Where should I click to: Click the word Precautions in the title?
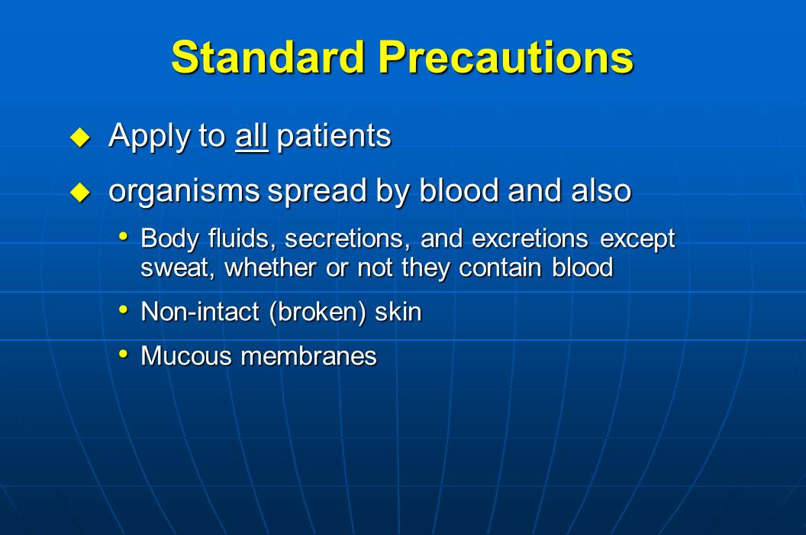pos(506,57)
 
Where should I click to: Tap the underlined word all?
pos(252,136)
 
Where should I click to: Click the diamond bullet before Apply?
pos(80,138)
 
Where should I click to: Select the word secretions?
pos(348,238)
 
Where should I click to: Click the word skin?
pos(398,312)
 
